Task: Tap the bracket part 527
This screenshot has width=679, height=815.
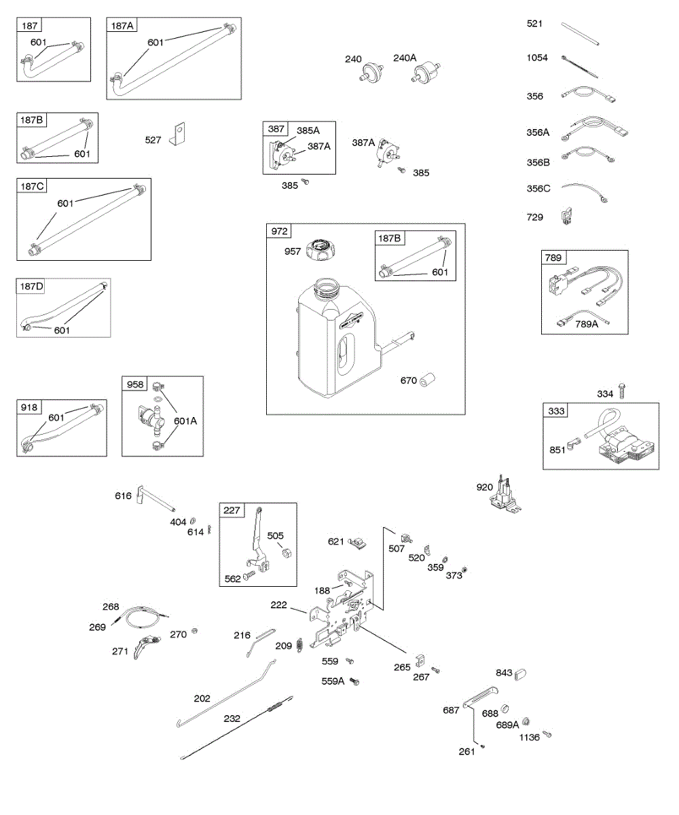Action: click(x=179, y=134)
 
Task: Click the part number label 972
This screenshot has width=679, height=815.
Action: click(x=280, y=232)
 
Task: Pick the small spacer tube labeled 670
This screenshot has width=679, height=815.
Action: click(x=428, y=379)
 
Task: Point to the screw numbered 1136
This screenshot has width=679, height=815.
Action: click(x=548, y=733)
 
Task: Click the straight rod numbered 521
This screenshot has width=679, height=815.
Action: click(x=581, y=34)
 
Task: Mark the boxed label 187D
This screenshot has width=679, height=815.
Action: click(x=31, y=287)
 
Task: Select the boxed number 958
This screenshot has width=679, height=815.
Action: click(x=135, y=384)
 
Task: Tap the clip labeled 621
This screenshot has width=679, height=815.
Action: click(x=357, y=542)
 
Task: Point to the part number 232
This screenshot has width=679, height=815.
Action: click(x=232, y=717)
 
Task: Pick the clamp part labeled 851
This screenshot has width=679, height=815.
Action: click(x=571, y=445)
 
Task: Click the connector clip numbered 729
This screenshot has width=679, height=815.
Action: click(x=566, y=217)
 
